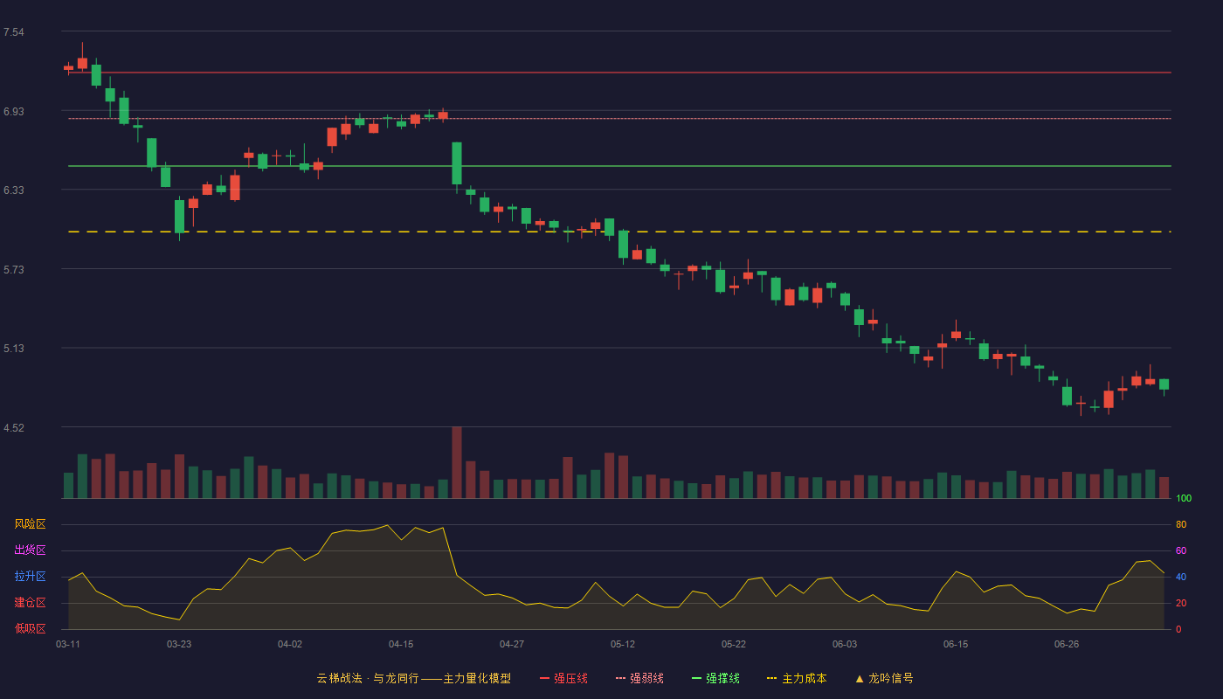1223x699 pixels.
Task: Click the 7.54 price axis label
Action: (14, 32)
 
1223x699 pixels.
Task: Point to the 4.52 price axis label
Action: (14, 427)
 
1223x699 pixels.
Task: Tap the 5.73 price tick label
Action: (14, 270)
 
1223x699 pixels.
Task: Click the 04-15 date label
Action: (401, 645)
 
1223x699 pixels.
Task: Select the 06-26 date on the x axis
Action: (1067, 645)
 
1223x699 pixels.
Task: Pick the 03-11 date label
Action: (68, 645)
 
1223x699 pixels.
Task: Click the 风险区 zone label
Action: (30, 524)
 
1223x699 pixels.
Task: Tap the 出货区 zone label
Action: (30, 550)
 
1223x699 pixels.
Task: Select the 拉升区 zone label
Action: (30, 576)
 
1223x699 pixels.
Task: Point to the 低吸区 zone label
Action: (30, 628)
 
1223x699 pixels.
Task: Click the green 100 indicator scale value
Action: (1184, 498)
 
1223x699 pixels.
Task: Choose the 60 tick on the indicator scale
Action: (1181, 550)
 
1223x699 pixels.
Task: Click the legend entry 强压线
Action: (563, 679)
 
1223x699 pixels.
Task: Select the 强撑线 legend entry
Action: (715, 679)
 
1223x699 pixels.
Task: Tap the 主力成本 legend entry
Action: (797, 679)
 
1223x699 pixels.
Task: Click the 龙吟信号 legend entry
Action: (884, 679)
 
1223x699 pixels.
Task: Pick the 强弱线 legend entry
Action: (639, 679)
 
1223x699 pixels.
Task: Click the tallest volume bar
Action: (457, 462)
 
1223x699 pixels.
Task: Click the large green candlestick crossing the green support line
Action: (457, 163)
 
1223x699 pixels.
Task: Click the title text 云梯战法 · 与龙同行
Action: (368, 679)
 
